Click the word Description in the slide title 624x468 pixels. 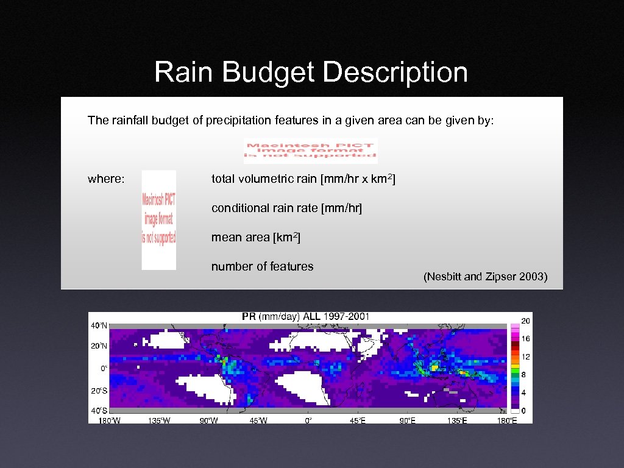point(395,73)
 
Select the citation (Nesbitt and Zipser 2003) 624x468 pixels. point(486,277)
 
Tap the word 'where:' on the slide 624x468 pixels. point(107,179)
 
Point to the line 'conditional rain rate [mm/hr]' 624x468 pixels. point(286,208)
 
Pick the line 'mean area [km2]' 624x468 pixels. point(255,238)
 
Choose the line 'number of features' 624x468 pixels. point(262,266)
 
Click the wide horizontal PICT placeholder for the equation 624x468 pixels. point(311,151)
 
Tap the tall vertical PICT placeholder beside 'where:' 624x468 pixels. point(158,219)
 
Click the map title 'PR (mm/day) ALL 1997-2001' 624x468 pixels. point(305,316)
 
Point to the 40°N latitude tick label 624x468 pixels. point(99,325)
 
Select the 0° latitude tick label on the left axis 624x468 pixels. point(104,368)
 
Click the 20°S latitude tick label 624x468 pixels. point(99,390)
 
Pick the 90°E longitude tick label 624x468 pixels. point(406,420)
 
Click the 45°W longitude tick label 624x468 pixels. point(258,420)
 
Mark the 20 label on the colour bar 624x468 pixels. point(525,321)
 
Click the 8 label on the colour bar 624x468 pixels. point(523,375)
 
